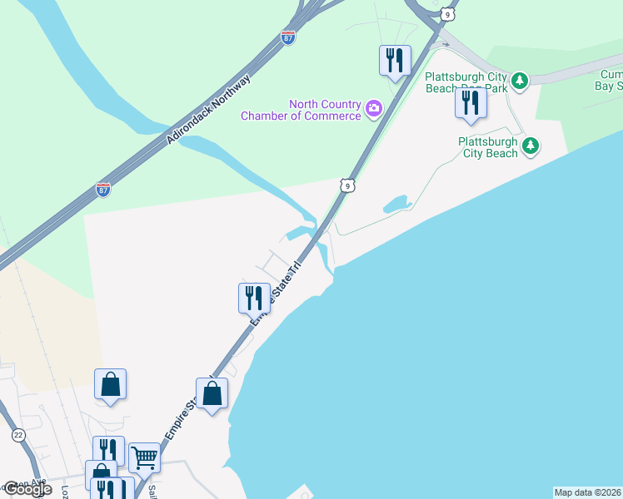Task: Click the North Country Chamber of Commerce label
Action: (300, 110)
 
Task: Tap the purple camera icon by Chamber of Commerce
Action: (374, 107)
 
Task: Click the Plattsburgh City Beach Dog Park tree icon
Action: (520, 81)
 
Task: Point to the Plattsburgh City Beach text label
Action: (488, 147)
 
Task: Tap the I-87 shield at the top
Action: (287, 38)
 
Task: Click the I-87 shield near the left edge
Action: (103, 189)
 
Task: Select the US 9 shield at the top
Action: (448, 13)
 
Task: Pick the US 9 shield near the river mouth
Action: (347, 185)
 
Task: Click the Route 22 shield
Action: (18, 435)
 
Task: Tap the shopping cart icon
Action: (144, 456)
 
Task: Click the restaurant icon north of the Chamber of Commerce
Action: (395, 59)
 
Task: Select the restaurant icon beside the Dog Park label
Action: (471, 102)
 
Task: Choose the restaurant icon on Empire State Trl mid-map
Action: (254, 297)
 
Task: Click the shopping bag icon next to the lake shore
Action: (212, 393)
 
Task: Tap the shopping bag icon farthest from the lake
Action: (110, 383)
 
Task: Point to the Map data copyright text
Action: (587, 492)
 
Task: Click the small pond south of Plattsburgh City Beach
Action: (395, 205)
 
